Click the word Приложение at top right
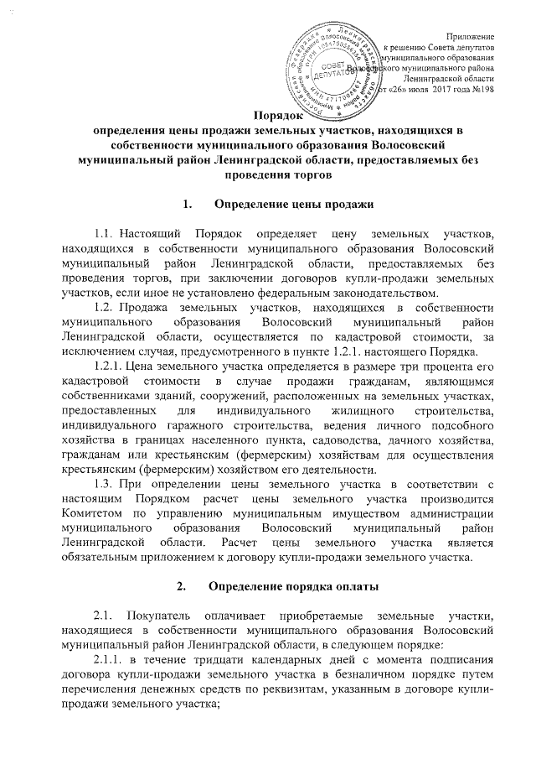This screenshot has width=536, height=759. tap(470, 34)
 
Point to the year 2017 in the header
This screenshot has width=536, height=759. tap(445, 89)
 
